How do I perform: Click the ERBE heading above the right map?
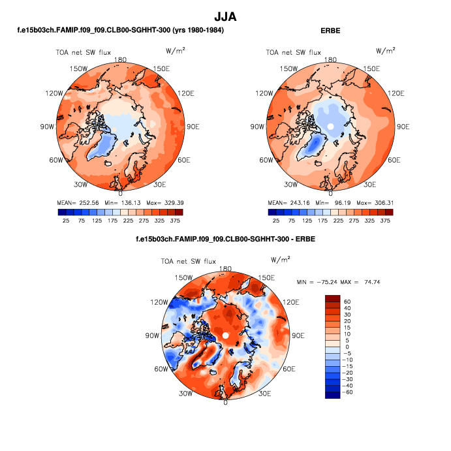[331, 30]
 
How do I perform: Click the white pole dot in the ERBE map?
[331, 126]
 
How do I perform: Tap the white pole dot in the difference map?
[225, 335]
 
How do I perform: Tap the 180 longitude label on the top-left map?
[120, 59]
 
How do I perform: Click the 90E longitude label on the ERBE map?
[403, 126]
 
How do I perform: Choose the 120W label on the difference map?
[157, 302]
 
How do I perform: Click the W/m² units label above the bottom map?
[280, 260]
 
